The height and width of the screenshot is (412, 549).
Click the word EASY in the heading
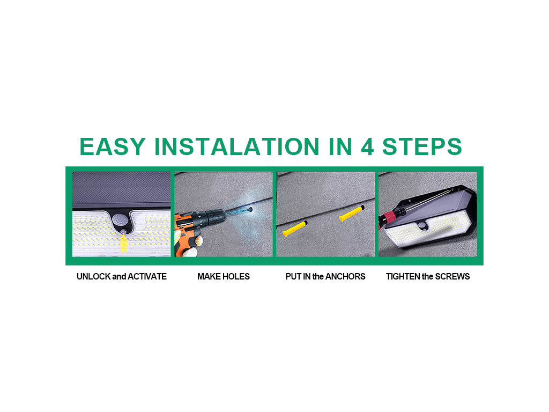[113, 146]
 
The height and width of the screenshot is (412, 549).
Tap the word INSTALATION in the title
[237, 146]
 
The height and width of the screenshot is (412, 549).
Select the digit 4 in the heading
[367, 146]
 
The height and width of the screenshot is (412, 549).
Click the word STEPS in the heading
[422, 146]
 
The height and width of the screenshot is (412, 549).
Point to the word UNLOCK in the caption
[93, 276]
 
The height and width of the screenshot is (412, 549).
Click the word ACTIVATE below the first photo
[147, 276]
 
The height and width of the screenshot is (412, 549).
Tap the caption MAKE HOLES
[224, 276]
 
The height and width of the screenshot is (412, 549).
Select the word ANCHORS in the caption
[345, 276]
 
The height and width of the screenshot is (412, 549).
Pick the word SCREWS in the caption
[452, 276]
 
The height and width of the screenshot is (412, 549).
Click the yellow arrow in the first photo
[124, 242]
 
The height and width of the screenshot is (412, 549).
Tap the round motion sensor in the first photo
[120, 220]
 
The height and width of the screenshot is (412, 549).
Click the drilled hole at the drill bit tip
[250, 210]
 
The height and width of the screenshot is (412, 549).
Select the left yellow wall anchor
[295, 229]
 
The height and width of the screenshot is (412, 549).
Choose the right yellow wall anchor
[352, 214]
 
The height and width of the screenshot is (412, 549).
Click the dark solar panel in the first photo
[122, 189]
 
